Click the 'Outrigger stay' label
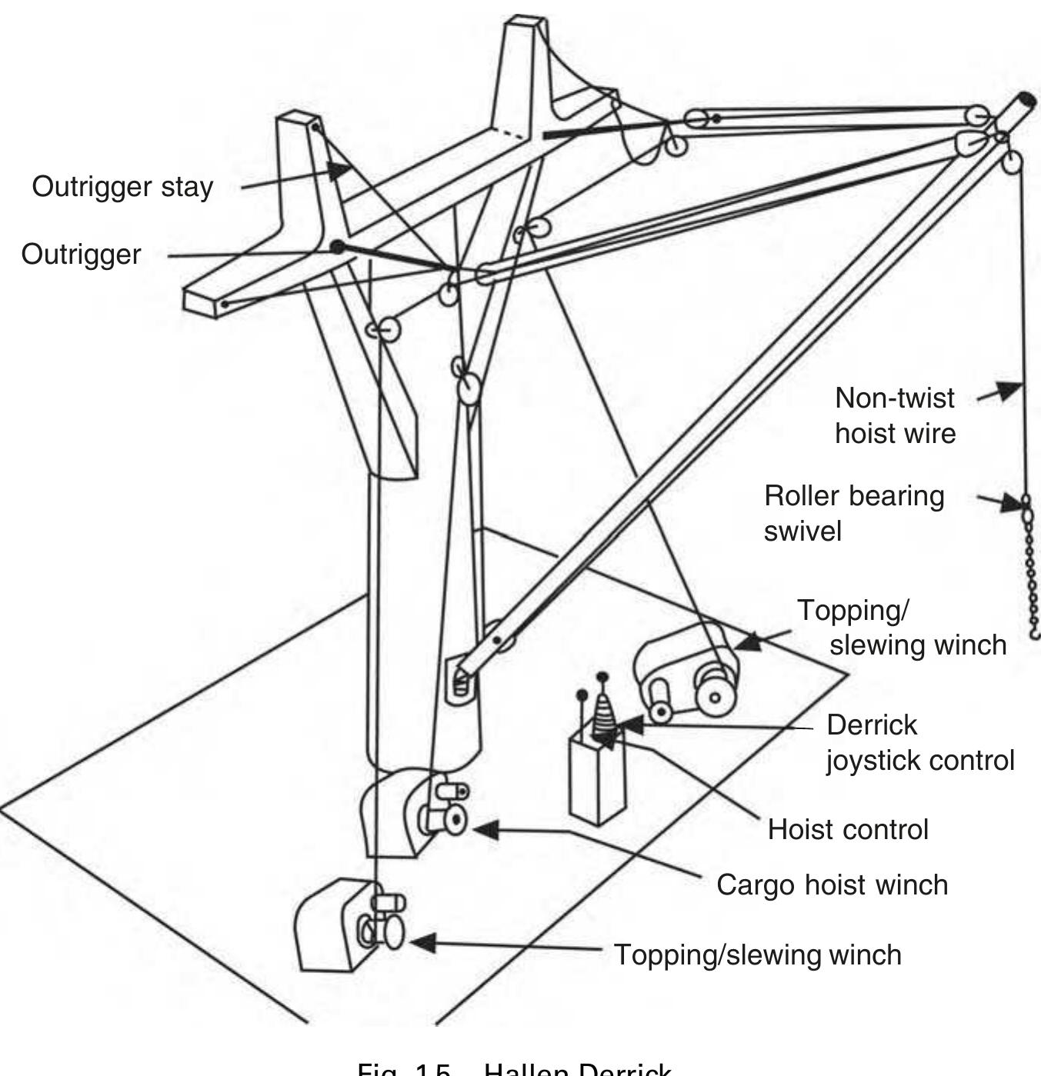(x=122, y=187)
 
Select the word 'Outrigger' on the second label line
(x=81, y=255)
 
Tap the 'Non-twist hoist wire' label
(x=895, y=415)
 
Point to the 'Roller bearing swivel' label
(x=853, y=513)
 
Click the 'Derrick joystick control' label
(x=919, y=742)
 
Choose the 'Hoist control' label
(x=848, y=830)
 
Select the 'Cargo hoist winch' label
(x=832, y=884)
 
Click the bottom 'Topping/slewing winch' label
(x=757, y=954)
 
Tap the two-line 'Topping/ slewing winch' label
(x=900, y=627)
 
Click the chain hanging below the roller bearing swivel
(x=1032, y=577)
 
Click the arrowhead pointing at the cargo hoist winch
(x=485, y=830)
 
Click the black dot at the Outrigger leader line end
(x=337, y=247)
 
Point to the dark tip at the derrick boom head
(x=1026, y=101)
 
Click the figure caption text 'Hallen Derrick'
(x=577, y=1070)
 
